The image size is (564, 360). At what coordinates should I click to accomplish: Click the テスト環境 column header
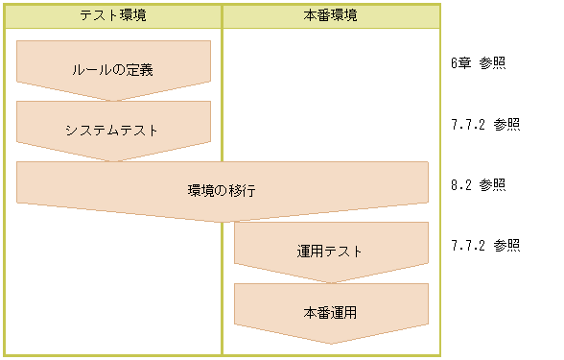(x=113, y=16)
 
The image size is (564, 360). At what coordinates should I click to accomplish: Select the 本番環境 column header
(x=331, y=16)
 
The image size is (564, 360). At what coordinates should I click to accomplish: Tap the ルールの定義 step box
(x=113, y=69)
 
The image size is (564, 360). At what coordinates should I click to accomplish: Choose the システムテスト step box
(x=113, y=130)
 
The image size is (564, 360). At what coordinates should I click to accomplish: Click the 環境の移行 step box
(x=222, y=190)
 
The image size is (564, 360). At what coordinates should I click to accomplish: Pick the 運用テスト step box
(x=330, y=252)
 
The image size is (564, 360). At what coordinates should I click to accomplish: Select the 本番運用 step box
(x=330, y=312)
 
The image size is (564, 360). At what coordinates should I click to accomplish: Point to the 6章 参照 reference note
(x=478, y=63)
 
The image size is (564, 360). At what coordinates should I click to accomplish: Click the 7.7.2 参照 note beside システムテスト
(x=485, y=124)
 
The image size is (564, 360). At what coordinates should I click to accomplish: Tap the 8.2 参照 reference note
(x=478, y=184)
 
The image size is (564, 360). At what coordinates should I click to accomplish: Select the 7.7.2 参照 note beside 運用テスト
(x=485, y=245)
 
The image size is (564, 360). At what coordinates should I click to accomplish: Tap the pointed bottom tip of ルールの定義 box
(x=113, y=100)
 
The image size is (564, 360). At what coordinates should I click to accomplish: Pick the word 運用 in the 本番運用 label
(x=343, y=312)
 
